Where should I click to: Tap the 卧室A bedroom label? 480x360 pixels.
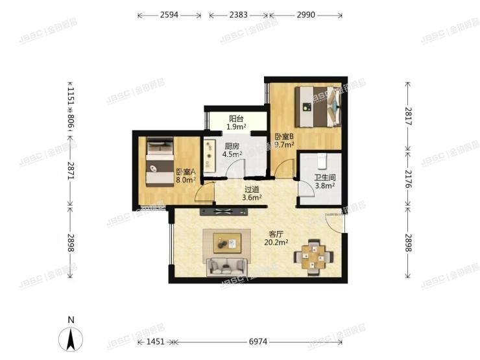click(185, 172)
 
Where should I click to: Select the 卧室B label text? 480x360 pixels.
click(284, 136)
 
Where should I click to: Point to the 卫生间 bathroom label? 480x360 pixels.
click(324, 177)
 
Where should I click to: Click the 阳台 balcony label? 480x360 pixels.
click(236, 119)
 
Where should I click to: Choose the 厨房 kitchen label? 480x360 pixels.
click(233, 147)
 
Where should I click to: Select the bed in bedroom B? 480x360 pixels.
click(317, 106)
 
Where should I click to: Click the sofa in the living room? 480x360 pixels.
click(226, 266)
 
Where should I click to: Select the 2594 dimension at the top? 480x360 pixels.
click(170, 14)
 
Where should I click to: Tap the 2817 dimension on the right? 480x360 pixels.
click(407, 115)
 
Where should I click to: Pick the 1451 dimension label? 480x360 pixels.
click(156, 341)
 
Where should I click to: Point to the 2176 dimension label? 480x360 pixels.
click(407, 175)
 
